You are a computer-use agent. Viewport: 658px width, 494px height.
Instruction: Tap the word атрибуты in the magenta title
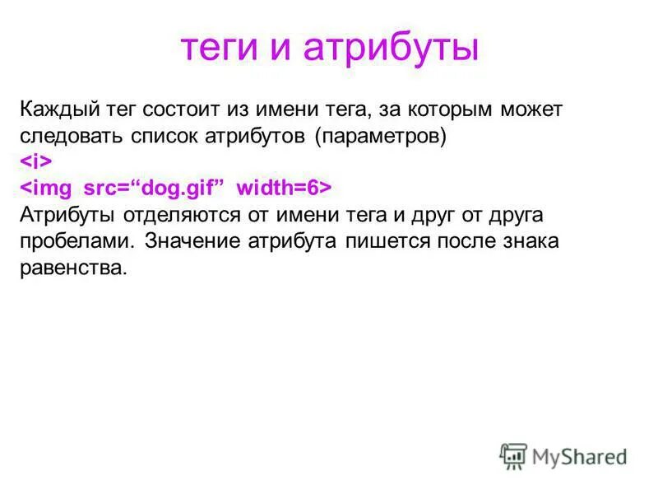391,48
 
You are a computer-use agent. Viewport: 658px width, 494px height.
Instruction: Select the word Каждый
55,110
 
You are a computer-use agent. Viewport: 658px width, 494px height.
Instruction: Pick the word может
533,110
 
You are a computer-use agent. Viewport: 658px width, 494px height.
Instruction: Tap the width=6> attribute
284,189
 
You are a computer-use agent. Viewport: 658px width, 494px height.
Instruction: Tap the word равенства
74,268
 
